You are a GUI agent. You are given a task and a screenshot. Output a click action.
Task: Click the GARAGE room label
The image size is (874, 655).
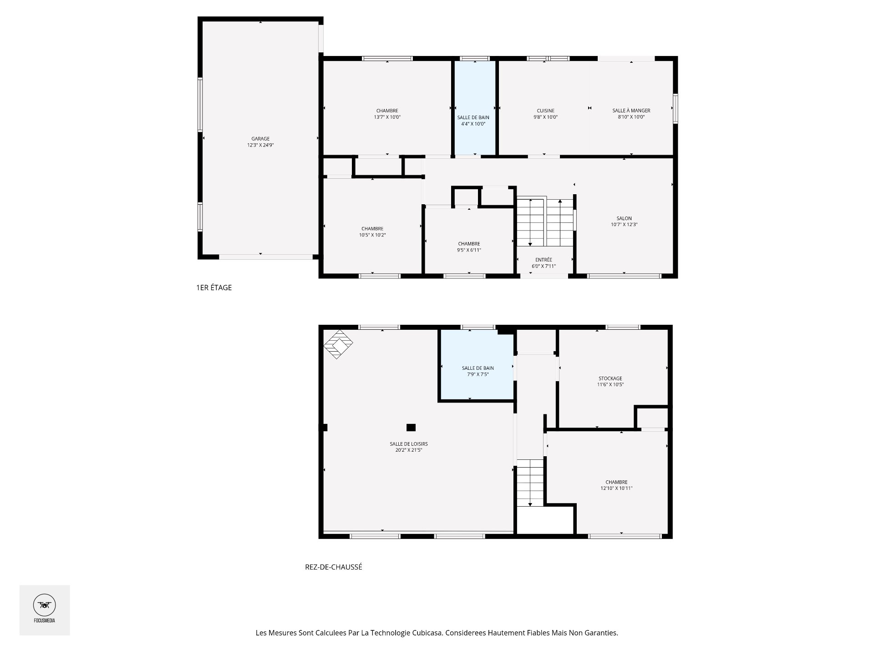pyautogui.click(x=260, y=139)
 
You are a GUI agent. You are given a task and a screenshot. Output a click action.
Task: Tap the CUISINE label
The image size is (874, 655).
pyautogui.click(x=545, y=111)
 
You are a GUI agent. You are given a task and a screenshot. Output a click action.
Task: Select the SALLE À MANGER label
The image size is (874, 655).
pyautogui.click(x=631, y=111)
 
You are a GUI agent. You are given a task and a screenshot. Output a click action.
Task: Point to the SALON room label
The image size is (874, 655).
pyautogui.click(x=624, y=218)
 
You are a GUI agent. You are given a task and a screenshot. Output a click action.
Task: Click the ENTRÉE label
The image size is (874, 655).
pyautogui.click(x=544, y=260)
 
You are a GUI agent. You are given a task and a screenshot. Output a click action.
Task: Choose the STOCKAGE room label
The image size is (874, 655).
pyautogui.click(x=610, y=378)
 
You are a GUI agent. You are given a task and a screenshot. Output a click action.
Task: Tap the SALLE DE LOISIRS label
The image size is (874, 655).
pyautogui.click(x=409, y=444)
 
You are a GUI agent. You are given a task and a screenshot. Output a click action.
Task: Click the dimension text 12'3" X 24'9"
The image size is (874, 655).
pyautogui.click(x=260, y=145)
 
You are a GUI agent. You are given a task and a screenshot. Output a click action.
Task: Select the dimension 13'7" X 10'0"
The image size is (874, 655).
pyautogui.click(x=387, y=117)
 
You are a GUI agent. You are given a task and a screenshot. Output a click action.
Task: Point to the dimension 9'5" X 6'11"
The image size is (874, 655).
pyautogui.click(x=469, y=250)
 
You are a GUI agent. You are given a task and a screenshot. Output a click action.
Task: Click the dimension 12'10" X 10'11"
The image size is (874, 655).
pyautogui.click(x=616, y=489)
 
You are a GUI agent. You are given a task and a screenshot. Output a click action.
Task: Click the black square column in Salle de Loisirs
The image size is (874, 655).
pyautogui.click(x=411, y=427)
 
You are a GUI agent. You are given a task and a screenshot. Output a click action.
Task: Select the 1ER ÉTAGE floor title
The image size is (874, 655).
pyautogui.click(x=214, y=287)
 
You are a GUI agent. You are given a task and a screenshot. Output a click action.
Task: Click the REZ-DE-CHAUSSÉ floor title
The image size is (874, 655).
pyautogui.click(x=334, y=567)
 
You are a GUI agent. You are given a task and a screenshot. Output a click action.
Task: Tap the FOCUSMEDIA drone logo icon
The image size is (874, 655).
pyautogui.click(x=45, y=605)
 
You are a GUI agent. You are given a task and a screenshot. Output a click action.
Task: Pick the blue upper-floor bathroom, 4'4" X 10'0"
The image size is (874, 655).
pyautogui.click(x=475, y=108)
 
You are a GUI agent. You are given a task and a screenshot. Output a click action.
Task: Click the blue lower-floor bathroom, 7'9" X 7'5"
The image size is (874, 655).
pyautogui.click(x=477, y=365)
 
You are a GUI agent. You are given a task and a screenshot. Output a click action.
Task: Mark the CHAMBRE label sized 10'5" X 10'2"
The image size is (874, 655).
pyautogui.click(x=372, y=229)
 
